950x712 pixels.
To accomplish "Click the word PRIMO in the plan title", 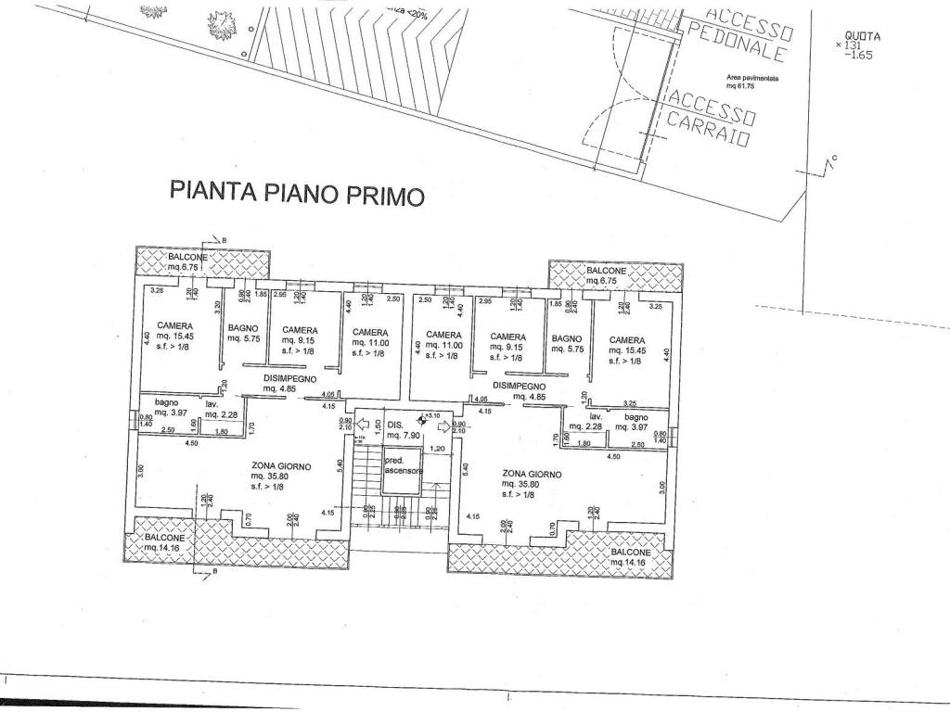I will [x=385, y=194].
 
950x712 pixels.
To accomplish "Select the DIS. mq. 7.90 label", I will [x=404, y=429].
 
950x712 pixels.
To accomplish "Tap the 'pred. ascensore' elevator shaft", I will [x=404, y=465].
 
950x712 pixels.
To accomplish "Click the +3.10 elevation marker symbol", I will [x=423, y=417].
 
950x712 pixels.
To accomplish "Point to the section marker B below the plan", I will [x=203, y=572].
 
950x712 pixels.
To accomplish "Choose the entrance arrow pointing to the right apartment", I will [x=444, y=427].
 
